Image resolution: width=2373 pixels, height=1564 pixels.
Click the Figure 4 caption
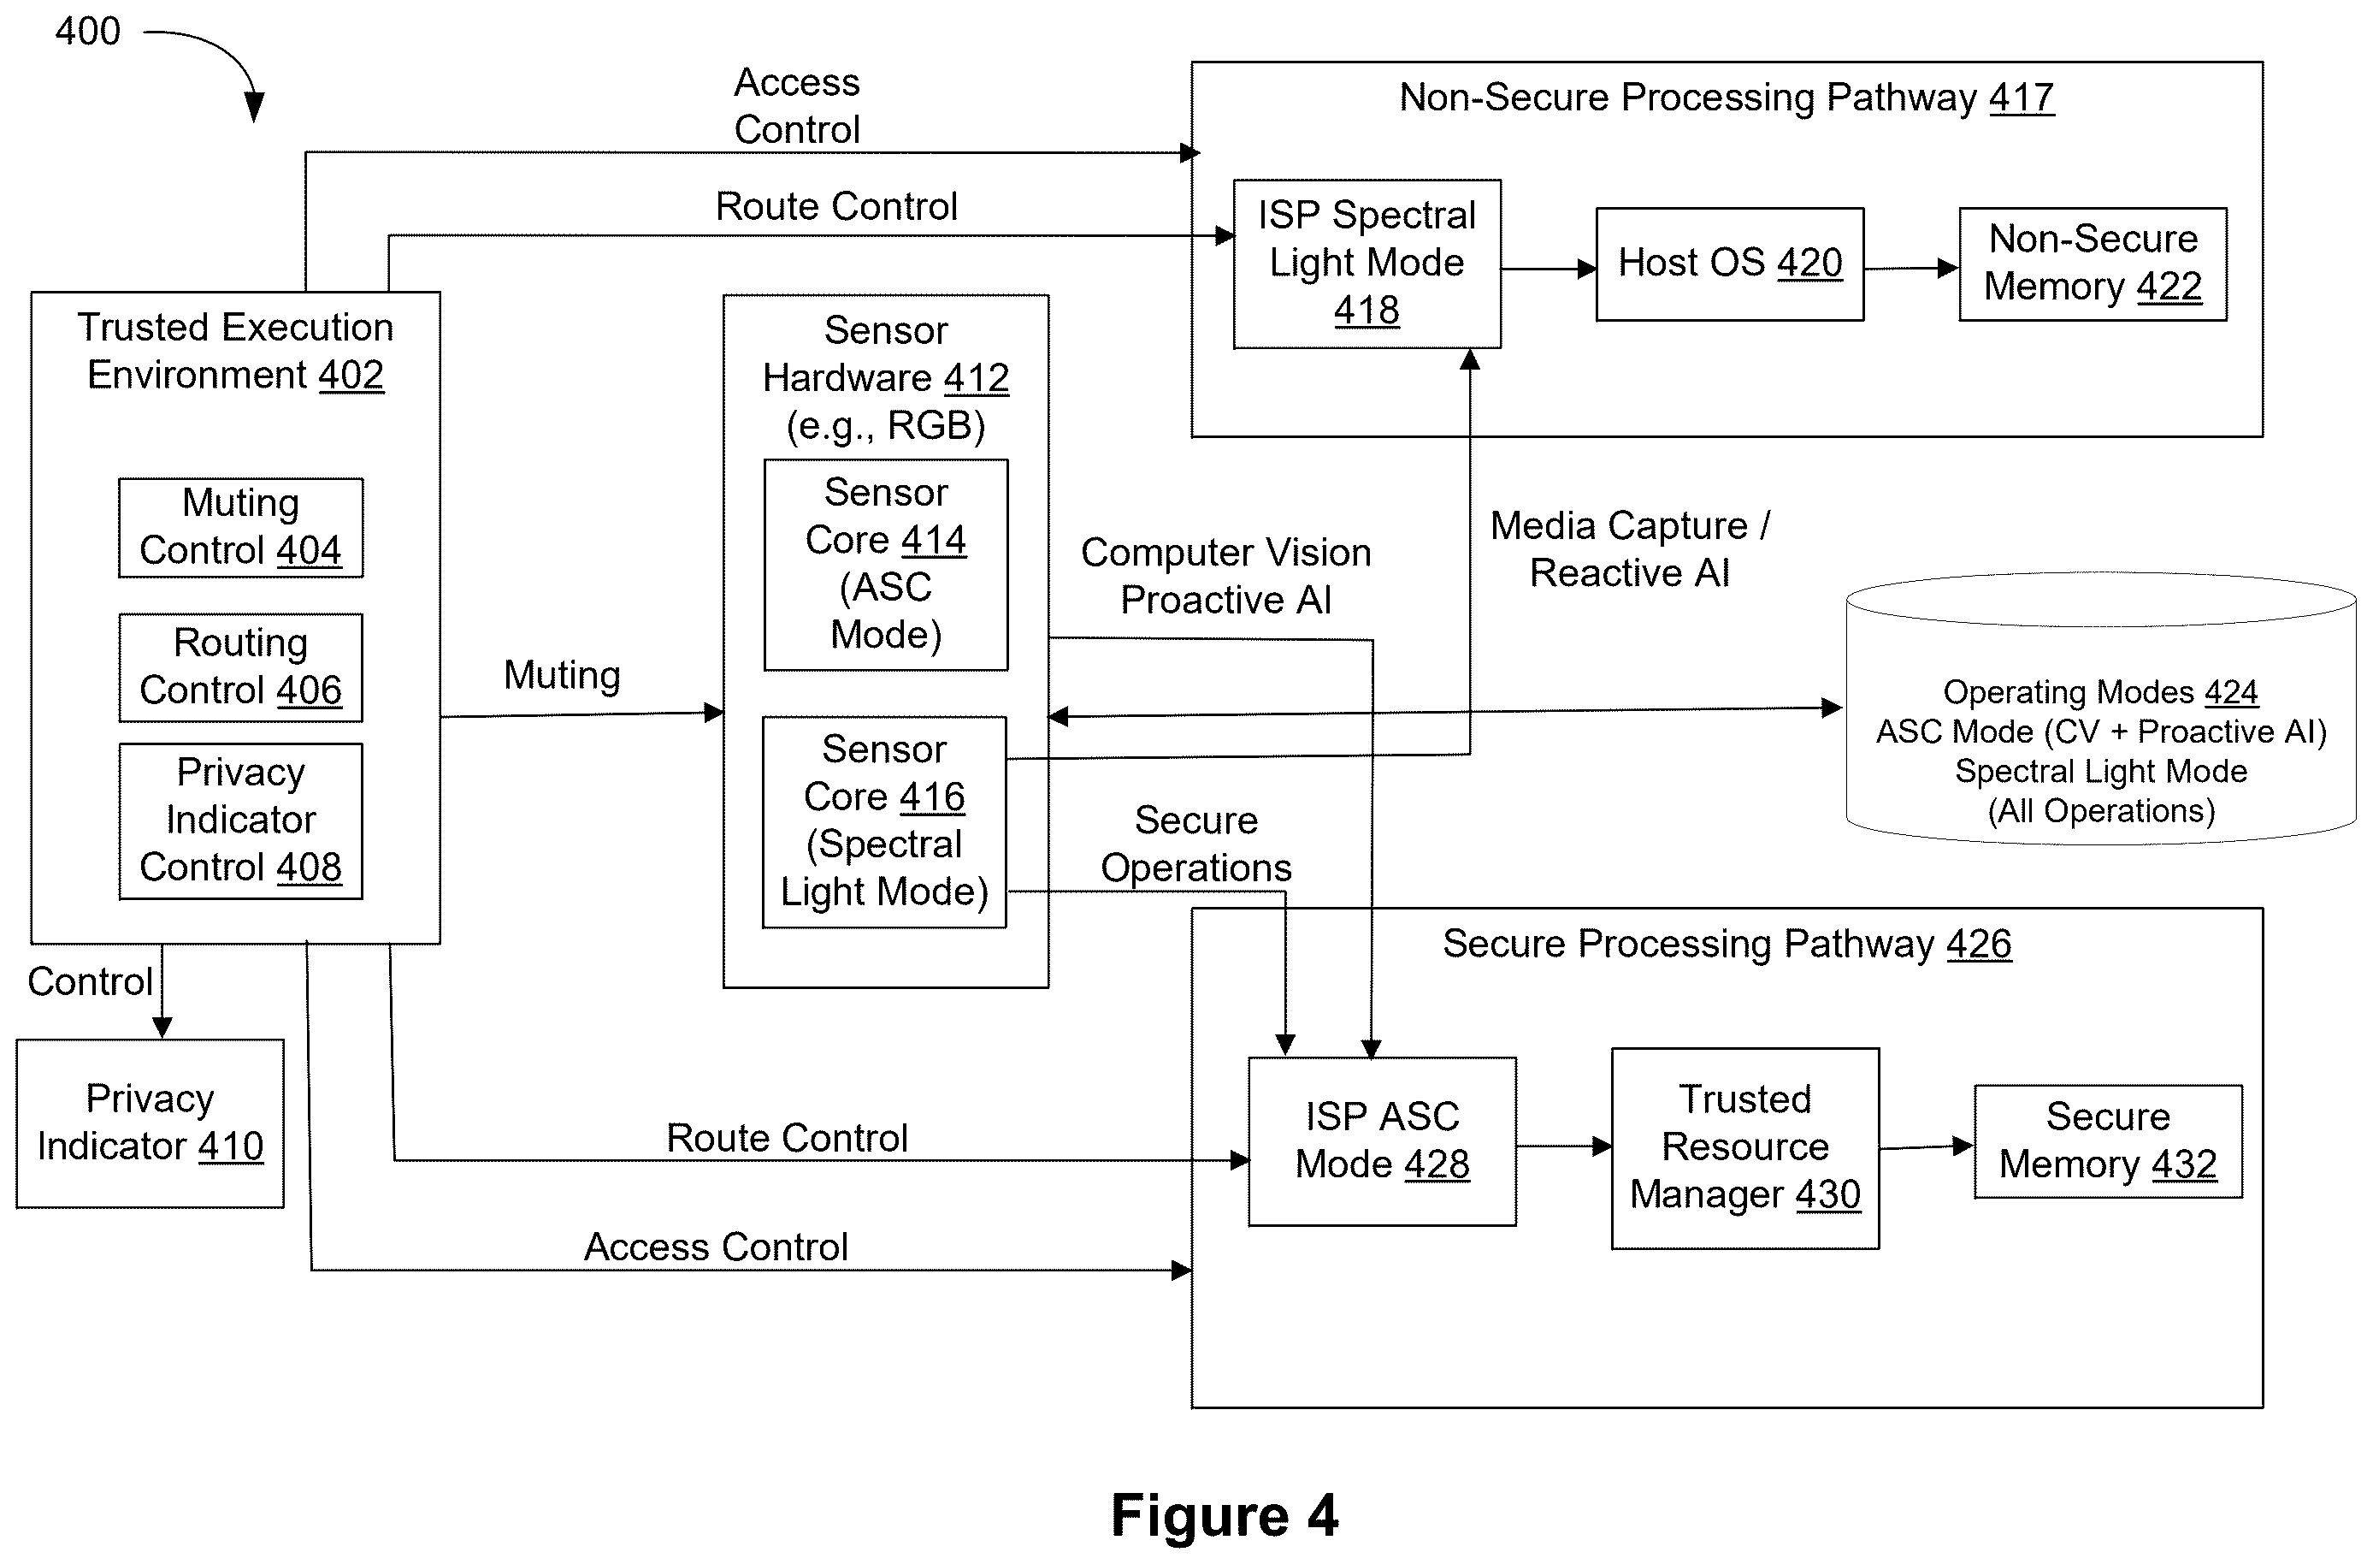tap(1225, 1517)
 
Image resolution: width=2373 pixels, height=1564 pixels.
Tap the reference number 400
tap(88, 31)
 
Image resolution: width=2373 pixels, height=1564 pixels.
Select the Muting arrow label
tap(563, 675)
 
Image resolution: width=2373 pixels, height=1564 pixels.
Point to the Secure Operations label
tap(1196, 844)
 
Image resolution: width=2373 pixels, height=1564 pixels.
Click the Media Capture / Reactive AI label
tap(1630, 549)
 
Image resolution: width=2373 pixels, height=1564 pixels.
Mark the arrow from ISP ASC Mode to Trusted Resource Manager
tap(1564, 1146)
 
